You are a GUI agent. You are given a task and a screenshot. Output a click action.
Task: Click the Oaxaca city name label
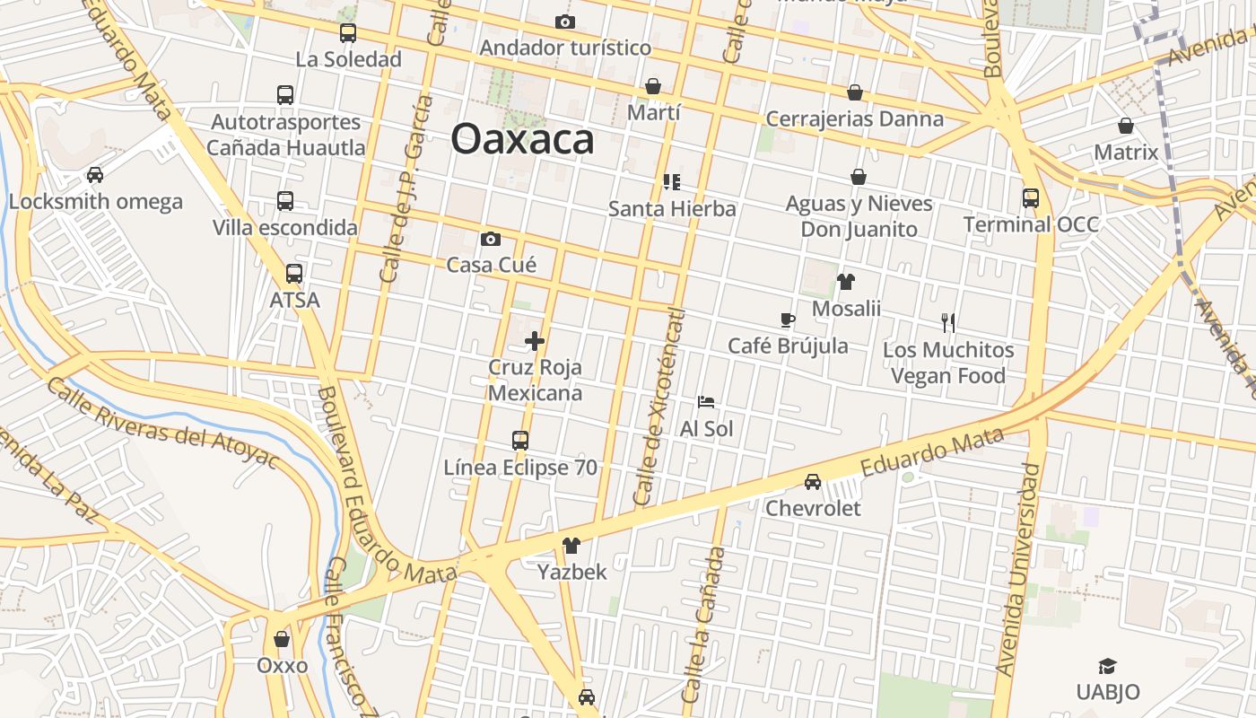pyautogui.click(x=522, y=139)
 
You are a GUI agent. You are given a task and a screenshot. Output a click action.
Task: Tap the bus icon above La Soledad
pyautogui.click(x=348, y=33)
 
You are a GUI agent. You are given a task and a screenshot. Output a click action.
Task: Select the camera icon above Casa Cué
pyautogui.click(x=490, y=239)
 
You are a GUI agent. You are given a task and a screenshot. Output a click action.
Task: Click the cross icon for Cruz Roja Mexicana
pyautogui.click(x=535, y=341)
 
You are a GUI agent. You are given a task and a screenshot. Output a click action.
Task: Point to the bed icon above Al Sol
pyautogui.click(x=706, y=402)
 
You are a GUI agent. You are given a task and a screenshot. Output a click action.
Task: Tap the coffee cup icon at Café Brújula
pyautogui.click(x=787, y=320)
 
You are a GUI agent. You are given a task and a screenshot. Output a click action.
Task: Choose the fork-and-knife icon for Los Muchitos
pyautogui.click(x=948, y=323)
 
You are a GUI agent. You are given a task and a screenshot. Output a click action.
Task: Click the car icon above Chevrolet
pyautogui.click(x=813, y=482)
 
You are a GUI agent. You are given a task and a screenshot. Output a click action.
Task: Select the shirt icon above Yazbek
pyautogui.click(x=571, y=546)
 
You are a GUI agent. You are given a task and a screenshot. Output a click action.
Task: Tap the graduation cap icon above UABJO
pyautogui.click(x=1108, y=666)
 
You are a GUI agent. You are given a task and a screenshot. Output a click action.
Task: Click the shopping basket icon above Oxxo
pyautogui.click(x=282, y=639)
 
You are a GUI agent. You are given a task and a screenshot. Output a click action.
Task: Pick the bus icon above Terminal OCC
pyautogui.click(x=1031, y=198)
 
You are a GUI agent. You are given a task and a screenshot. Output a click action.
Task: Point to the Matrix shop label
pyautogui.click(x=1126, y=153)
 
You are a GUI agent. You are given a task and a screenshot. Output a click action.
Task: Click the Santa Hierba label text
pyautogui.click(x=672, y=209)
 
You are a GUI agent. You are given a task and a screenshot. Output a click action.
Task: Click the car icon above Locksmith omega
pyautogui.click(x=95, y=175)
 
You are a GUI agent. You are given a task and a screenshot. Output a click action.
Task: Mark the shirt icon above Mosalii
pyautogui.click(x=846, y=282)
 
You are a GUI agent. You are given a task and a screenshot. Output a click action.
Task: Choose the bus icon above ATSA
pyautogui.click(x=294, y=274)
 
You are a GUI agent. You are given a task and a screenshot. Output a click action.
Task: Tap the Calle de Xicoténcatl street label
pyautogui.click(x=659, y=407)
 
